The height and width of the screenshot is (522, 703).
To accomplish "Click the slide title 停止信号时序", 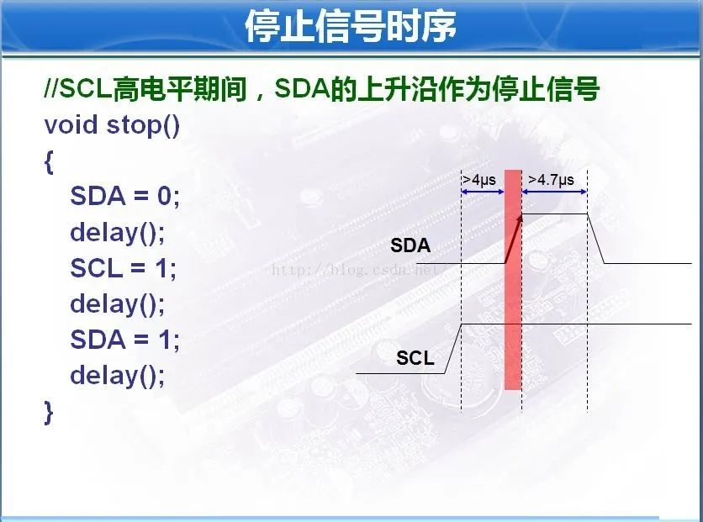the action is pyautogui.click(x=351, y=26).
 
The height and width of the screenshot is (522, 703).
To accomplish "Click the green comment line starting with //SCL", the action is pyautogui.click(x=321, y=89).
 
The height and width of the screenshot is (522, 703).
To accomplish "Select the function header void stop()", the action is pyautogui.click(x=112, y=125).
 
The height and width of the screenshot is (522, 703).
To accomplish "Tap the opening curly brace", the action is pyautogui.click(x=49, y=161).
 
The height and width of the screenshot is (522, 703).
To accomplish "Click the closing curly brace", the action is pyautogui.click(x=49, y=412).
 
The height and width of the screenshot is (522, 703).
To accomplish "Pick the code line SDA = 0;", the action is pyautogui.click(x=125, y=196).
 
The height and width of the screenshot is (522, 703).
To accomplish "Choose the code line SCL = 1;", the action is pyautogui.click(x=124, y=268).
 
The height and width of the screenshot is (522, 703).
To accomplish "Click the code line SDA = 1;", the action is pyautogui.click(x=125, y=340).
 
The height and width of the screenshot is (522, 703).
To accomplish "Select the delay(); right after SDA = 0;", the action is pyautogui.click(x=118, y=233).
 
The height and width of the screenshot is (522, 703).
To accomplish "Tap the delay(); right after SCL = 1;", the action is pyautogui.click(x=118, y=303).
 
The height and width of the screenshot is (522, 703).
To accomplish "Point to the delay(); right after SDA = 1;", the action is pyautogui.click(x=118, y=375).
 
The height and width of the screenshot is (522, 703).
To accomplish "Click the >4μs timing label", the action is pyautogui.click(x=479, y=180).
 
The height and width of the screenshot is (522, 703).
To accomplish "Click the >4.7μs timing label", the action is pyautogui.click(x=551, y=180).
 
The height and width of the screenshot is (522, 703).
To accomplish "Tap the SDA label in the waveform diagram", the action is pyautogui.click(x=410, y=245).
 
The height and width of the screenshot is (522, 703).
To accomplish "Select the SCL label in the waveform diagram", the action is pyautogui.click(x=415, y=358).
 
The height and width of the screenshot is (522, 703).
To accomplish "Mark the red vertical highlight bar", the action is pyautogui.click(x=513, y=280).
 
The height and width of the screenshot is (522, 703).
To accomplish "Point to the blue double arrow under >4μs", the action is pyautogui.click(x=483, y=192).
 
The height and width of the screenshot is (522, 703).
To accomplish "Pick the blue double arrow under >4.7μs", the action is pyautogui.click(x=555, y=192).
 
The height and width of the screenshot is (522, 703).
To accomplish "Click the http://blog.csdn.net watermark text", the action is pyautogui.click(x=355, y=270).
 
